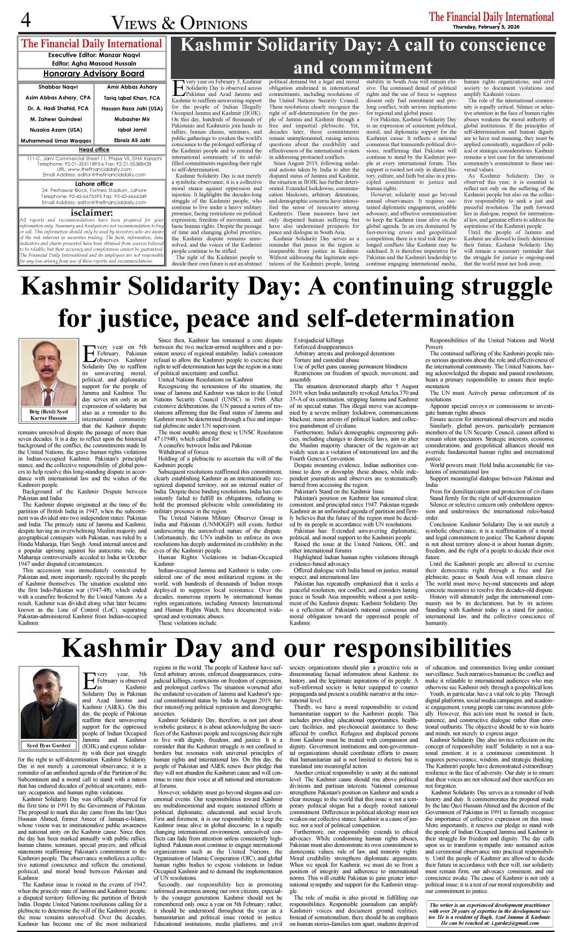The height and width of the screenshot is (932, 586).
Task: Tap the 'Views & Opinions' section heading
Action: [x=179, y=23]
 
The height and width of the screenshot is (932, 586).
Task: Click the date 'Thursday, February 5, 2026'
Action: [x=503, y=27]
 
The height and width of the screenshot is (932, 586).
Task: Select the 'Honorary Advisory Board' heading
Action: [x=94, y=73]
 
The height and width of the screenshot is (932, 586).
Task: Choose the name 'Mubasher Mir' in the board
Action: [x=132, y=119]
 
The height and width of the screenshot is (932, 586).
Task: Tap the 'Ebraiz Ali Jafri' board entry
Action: [x=132, y=140]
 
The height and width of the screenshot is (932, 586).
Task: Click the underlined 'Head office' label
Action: [x=94, y=150]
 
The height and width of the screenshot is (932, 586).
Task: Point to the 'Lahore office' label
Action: [x=94, y=184]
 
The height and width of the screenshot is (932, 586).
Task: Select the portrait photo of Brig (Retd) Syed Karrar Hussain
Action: [x=48, y=373]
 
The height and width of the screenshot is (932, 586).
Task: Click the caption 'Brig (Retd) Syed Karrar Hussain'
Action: [x=48, y=415]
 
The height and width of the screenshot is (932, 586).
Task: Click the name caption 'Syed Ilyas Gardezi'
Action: [x=49, y=745]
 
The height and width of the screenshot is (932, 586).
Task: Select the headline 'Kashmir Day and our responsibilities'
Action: [x=287, y=648]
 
